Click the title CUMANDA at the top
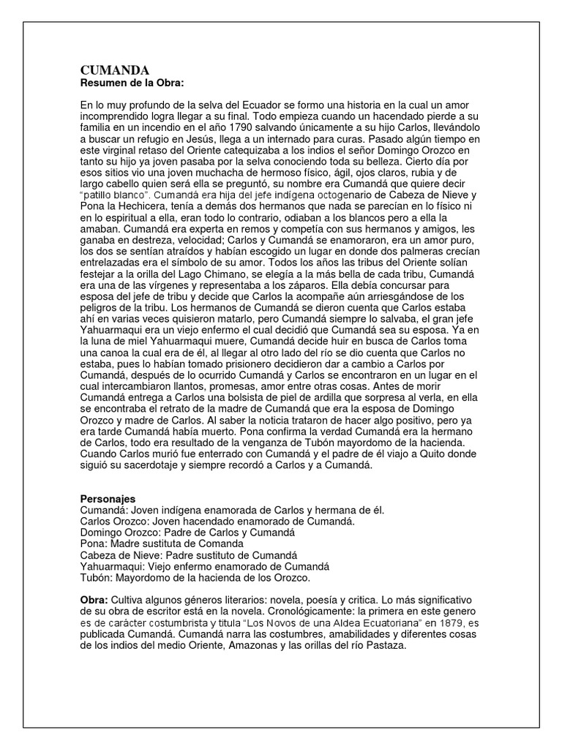(115, 70)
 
